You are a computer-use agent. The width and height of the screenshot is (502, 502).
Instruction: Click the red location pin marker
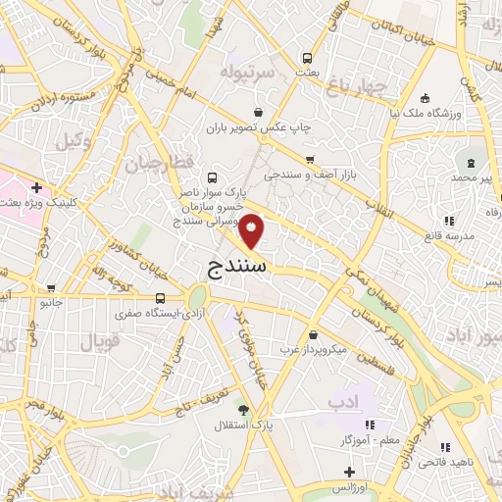click(x=252, y=230)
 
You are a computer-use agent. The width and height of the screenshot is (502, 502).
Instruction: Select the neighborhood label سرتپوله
click(x=228, y=72)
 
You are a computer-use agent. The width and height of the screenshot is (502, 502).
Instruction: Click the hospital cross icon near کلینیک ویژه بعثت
click(x=36, y=186)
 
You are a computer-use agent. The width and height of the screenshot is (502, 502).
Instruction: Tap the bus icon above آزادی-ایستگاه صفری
click(x=160, y=298)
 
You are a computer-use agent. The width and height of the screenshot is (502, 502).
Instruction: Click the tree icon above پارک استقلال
click(x=243, y=411)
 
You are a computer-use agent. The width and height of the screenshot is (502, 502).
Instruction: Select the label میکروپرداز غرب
click(x=312, y=349)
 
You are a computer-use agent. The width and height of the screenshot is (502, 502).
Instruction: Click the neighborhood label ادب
click(x=344, y=402)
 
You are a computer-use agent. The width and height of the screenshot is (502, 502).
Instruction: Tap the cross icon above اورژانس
click(x=349, y=472)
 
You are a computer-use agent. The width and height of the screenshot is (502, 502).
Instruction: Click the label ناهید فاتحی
click(x=472, y=461)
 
